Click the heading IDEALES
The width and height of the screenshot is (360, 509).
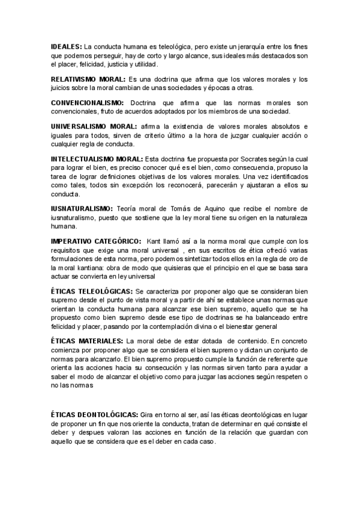[x=67, y=46]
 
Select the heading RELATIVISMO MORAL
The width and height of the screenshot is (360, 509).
[x=88, y=79]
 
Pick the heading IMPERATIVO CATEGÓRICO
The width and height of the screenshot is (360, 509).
[x=96, y=241]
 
